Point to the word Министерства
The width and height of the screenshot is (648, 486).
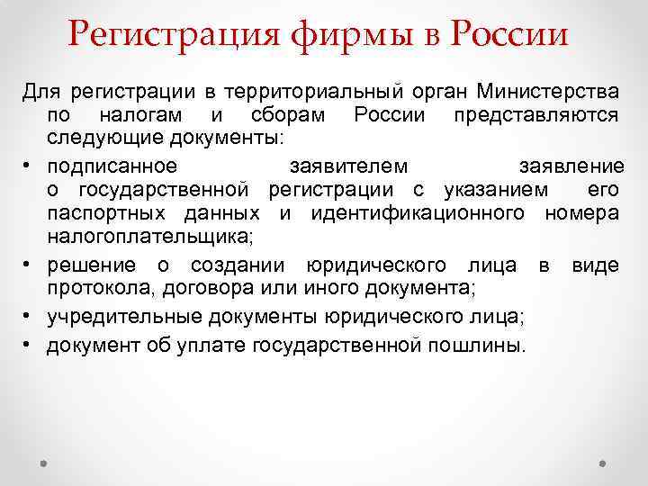[548, 92]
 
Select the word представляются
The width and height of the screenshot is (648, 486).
[535, 115]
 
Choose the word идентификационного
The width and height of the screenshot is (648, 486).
[418, 212]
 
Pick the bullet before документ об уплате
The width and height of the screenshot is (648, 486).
[30, 346]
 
